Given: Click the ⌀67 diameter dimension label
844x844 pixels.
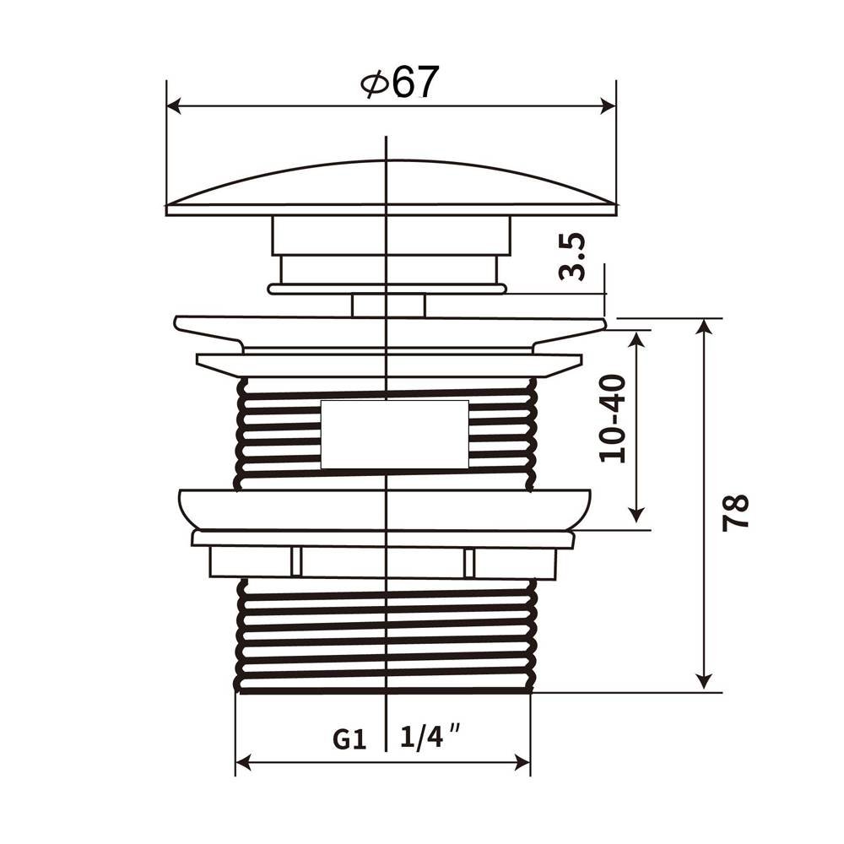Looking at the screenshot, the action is [x=399, y=82].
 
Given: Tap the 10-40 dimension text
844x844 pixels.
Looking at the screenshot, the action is [x=613, y=419].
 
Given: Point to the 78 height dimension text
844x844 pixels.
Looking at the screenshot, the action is [x=735, y=512].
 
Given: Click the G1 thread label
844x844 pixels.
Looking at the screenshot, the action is [x=349, y=739].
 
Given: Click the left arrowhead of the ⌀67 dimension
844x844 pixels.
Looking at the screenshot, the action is [x=176, y=106].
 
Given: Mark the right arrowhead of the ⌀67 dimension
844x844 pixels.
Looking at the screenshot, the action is [x=607, y=106].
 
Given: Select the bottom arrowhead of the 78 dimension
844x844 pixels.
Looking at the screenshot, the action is [x=704, y=683].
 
